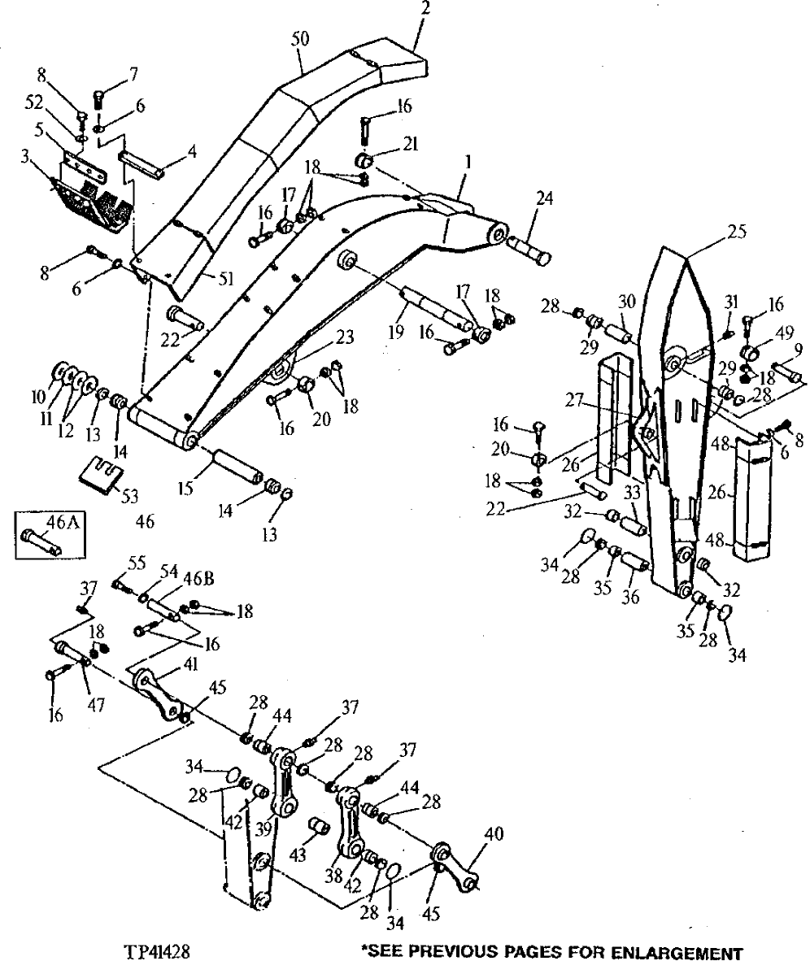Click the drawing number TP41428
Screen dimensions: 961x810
click(x=158, y=949)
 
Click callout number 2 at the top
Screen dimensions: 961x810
click(x=425, y=9)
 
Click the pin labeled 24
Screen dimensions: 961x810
click(x=529, y=249)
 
